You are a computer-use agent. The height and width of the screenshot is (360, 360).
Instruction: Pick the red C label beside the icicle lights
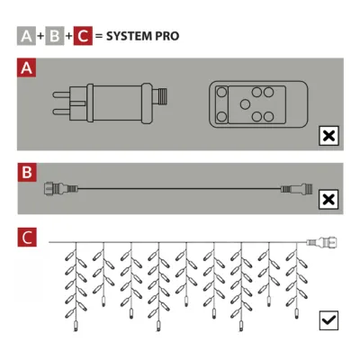[29, 238]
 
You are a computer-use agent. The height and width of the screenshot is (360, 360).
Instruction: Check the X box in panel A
[329, 137]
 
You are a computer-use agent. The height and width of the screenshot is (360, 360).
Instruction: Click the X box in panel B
[329, 200]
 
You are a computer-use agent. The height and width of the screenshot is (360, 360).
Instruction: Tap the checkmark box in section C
[329, 319]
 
